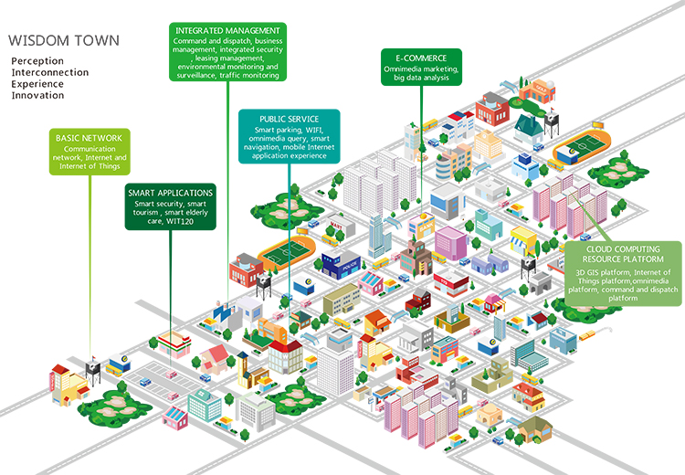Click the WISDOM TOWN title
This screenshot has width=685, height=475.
coord(63,42)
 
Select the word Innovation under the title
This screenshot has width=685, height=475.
coord(37,94)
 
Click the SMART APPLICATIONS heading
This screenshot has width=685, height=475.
coord(171,193)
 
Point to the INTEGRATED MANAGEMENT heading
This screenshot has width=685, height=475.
coord(227,31)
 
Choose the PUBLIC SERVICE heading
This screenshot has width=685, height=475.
coord(289,119)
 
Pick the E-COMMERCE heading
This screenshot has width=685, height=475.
coord(422,57)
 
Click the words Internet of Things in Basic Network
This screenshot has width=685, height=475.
coord(87,168)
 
